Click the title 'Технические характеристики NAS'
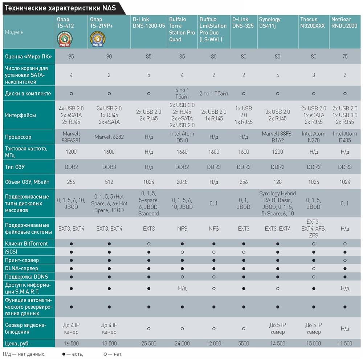pyautogui.click(x=60, y=8)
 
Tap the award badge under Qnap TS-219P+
pyautogui.click(x=96, y=40)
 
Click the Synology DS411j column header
pyautogui.click(x=270, y=23)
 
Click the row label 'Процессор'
pyautogui.click(x=18, y=137)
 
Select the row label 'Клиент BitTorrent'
pyautogui.click(x=26, y=243)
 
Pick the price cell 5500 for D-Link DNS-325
pyautogui.click(x=244, y=343)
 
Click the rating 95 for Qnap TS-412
pyautogui.click(x=71, y=56)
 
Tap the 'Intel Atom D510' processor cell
pyautogui.click(x=182, y=137)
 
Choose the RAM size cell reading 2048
pyautogui.click(x=182, y=182)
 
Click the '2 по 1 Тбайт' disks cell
pyautogui.click(x=214, y=93)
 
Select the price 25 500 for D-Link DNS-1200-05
pyautogui.click(x=148, y=343)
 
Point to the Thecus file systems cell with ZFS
pyautogui.click(x=314, y=228)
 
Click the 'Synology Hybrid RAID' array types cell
pyautogui.click(x=278, y=203)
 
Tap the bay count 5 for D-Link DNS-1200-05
pyautogui.click(x=148, y=75)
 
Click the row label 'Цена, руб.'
pyautogui.click(x=17, y=343)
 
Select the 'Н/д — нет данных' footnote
pyautogui.click(x=24, y=354)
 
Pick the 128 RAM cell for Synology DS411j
pyautogui.click(x=278, y=182)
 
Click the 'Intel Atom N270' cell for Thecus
pyautogui.click(x=314, y=137)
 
